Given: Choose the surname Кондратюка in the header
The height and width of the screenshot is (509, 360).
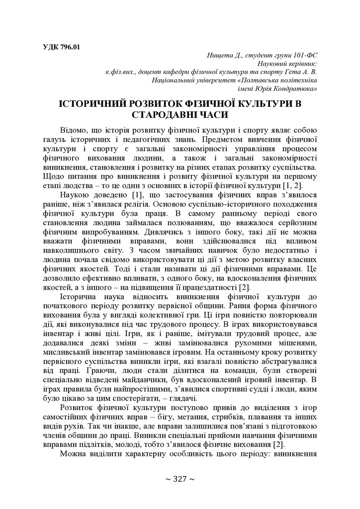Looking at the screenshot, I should tap(298, 88).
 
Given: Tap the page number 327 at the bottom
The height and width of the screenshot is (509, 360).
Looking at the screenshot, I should tap(180, 479).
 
